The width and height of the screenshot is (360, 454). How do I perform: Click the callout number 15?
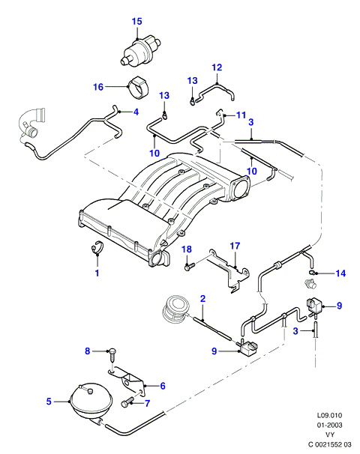(137, 22)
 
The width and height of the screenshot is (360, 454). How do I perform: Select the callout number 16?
(98, 87)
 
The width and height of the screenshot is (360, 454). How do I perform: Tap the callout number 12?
(217, 67)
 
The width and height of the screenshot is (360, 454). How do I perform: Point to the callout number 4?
(136, 112)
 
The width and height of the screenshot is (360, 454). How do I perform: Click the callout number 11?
(241, 115)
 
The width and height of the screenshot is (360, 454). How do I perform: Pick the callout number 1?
(97, 273)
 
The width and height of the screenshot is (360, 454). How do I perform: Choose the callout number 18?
(187, 249)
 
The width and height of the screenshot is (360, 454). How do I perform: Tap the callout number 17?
(235, 246)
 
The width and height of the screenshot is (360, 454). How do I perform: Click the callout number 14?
(340, 273)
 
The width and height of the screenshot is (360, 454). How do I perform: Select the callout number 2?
(202, 298)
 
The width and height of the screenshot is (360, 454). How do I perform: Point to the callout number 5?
(49, 402)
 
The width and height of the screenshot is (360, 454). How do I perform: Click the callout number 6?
(163, 386)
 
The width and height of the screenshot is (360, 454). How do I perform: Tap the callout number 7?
(147, 403)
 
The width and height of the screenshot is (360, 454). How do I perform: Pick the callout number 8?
(88, 351)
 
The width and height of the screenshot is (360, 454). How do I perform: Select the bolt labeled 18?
(190, 266)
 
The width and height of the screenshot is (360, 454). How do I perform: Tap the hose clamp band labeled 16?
(138, 88)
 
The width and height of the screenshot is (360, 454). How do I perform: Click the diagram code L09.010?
(329, 415)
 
